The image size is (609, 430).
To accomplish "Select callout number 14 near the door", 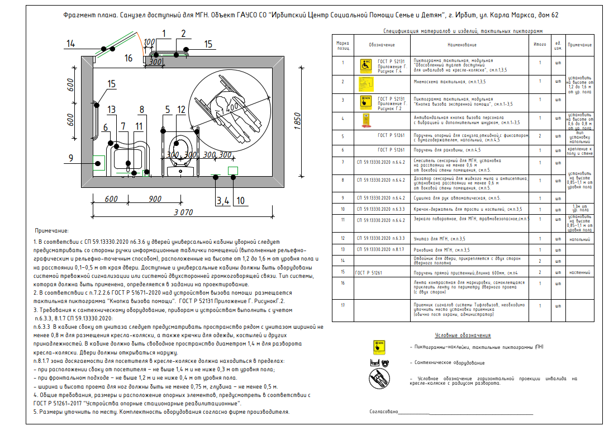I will [x=70, y=44].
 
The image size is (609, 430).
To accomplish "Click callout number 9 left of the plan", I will [x=70, y=158].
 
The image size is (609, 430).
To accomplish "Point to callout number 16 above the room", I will [x=129, y=58].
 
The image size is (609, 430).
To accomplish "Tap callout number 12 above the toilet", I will [x=181, y=109].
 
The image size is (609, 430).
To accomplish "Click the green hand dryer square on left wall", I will [x=99, y=163].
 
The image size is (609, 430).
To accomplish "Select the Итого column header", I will [x=540, y=44].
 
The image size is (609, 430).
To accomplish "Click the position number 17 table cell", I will [x=342, y=305].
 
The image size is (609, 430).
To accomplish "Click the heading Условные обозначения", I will [x=462, y=335].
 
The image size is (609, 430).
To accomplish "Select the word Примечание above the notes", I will [x=51, y=230].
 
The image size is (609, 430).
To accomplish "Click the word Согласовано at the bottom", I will [x=383, y=412].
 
